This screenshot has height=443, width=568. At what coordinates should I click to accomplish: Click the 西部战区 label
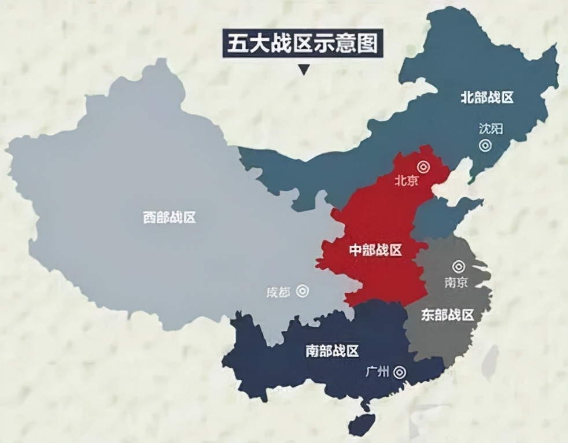click(169, 217)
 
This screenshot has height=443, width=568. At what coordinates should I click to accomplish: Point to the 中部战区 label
click(376, 250)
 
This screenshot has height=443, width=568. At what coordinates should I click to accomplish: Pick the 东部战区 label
click(448, 315)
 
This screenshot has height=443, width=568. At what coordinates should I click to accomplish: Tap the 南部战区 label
click(333, 350)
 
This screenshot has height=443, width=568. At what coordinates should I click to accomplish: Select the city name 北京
click(406, 180)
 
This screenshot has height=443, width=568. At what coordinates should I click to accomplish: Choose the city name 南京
click(456, 282)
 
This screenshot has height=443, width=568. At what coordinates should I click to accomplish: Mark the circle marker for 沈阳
click(485, 145)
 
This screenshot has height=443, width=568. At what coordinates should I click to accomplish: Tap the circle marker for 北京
click(424, 167)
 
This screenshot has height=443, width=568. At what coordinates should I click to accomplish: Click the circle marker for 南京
click(459, 267)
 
